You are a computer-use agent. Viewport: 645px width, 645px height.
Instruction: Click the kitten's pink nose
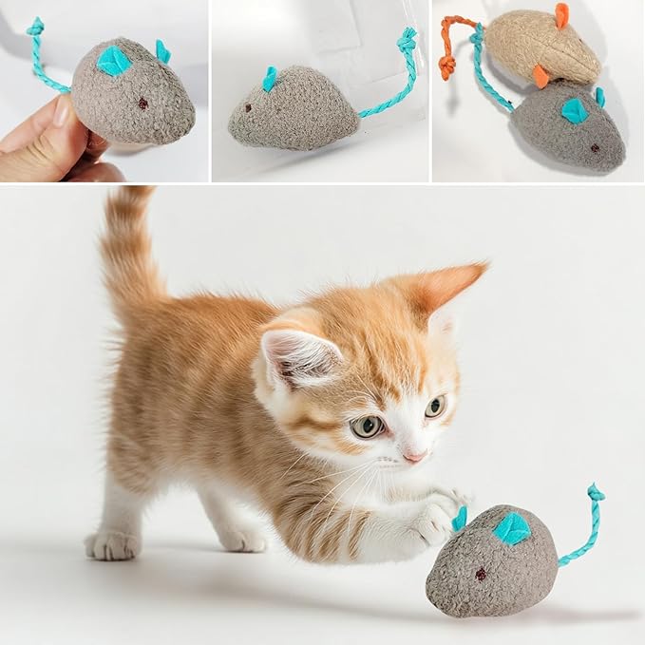click(415, 455)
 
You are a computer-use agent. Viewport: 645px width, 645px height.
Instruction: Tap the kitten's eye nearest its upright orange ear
click(435, 407)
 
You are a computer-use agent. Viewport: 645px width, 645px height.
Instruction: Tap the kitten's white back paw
click(111, 544)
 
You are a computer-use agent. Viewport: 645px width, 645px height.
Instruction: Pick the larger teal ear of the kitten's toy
click(511, 528)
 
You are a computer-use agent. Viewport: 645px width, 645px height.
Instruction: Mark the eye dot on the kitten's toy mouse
click(481, 574)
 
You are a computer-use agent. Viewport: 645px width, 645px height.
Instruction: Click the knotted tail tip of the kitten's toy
click(596, 492)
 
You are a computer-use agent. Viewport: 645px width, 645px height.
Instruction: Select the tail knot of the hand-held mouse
click(35, 27)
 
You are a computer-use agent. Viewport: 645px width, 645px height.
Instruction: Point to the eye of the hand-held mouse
click(143, 103)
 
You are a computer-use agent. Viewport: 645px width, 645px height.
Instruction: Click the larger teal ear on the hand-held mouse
click(114, 61)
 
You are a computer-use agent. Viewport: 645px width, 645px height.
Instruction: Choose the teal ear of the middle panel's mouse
click(270, 78)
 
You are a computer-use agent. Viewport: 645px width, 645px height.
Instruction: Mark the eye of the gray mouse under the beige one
click(594, 148)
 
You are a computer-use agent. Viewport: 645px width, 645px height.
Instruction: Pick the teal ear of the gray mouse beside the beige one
click(575, 110)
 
